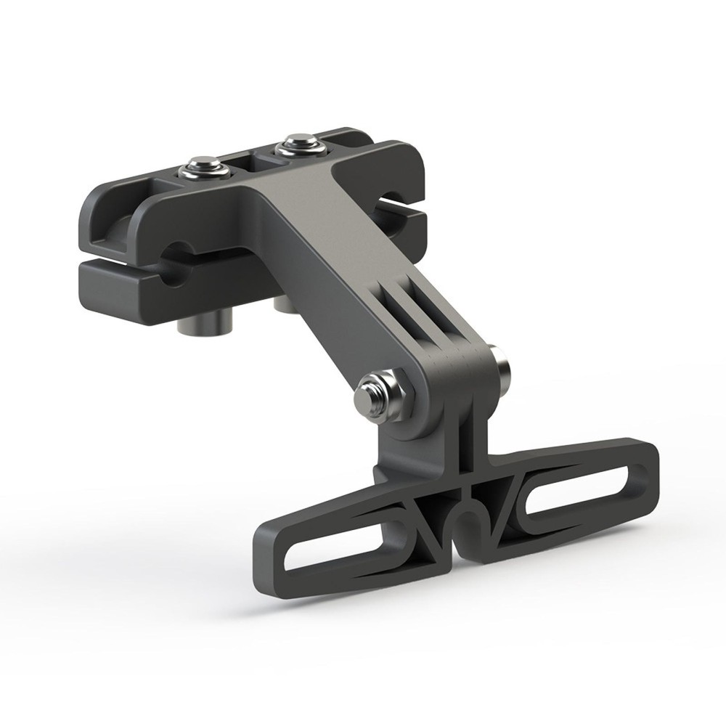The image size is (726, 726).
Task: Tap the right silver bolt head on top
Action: click(x=298, y=143)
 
